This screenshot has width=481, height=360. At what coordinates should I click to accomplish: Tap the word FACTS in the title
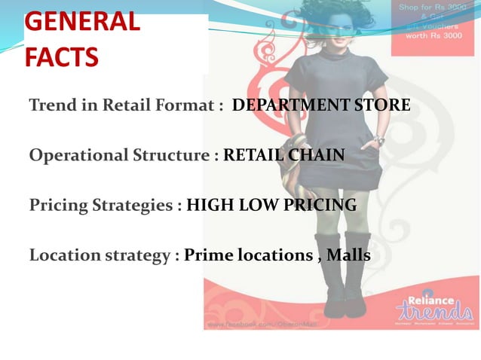[x=61, y=56]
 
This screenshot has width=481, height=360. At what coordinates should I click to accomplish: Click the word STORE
[x=384, y=105]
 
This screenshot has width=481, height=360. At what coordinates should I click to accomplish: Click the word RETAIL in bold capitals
[x=253, y=155]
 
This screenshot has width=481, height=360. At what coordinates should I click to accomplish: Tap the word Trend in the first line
[x=50, y=105]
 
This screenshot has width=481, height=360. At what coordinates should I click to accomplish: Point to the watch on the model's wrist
[x=379, y=141]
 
